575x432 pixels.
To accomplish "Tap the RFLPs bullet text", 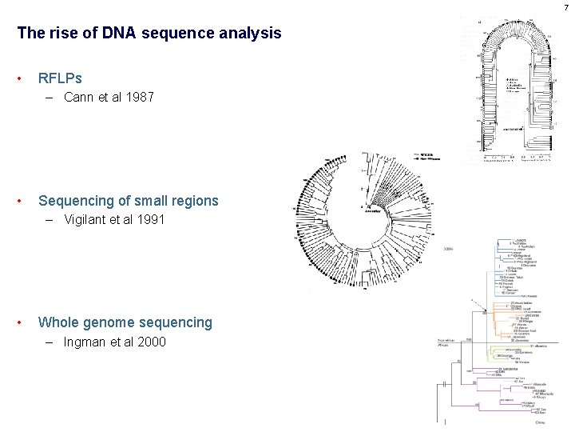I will point(60,78).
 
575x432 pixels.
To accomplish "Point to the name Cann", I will point(79,98).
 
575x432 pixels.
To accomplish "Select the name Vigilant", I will point(89,220).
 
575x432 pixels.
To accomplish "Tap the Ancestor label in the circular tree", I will point(373,211).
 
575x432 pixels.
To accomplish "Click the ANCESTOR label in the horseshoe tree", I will point(514,127).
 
